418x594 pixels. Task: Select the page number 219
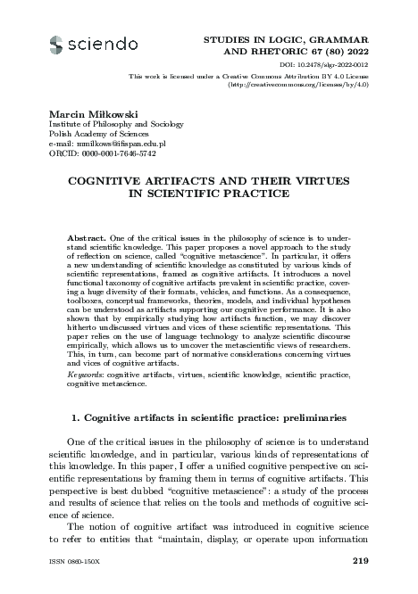pyautogui.click(x=361, y=560)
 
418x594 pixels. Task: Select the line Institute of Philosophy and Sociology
pyautogui.click(x=112, y=124)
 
